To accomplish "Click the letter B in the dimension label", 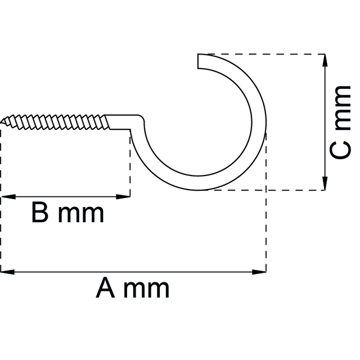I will [x=40, y=213].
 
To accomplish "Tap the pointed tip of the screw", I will [x=3, y=120].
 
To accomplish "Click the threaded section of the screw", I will [x=56, y=121].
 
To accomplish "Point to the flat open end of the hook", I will [x=198, y=61].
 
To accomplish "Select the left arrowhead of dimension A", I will [x=7, y=272].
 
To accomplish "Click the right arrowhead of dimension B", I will [x=124, y=197].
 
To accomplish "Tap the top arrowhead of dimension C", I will [x=325, y=61].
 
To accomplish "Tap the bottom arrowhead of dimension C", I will [x=325, y=183].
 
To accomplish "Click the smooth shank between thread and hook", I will [x=124, y=121].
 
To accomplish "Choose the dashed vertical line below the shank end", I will [x=130, y=163].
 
